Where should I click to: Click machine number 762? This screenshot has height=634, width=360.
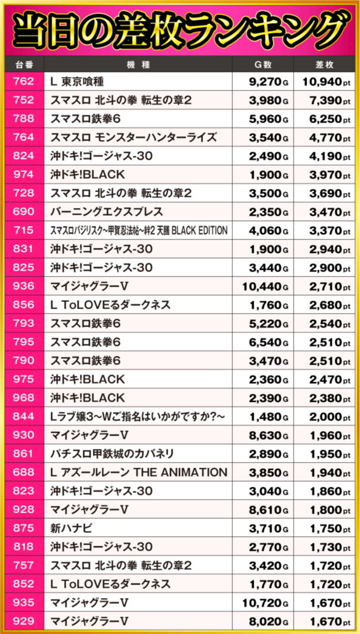click(23, 82)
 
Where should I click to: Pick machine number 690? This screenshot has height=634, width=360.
click(23, 212)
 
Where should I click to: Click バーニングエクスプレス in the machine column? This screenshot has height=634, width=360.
click(107, 212)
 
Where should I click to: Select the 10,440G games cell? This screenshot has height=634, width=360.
click(265, 287)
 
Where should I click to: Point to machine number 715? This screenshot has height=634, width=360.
click(23, 230)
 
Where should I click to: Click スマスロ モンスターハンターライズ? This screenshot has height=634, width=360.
click(133, 138)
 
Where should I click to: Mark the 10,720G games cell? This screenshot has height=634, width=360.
click(265, 602)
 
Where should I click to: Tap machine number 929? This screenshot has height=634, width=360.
click(23, 621)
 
